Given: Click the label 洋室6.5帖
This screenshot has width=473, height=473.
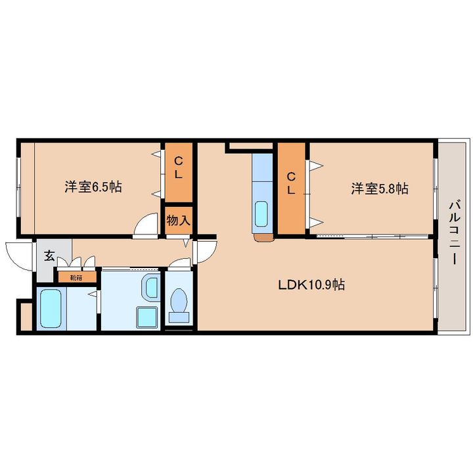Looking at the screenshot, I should coord(93,187).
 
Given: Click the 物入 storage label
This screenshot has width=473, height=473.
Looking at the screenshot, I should coord(178,221).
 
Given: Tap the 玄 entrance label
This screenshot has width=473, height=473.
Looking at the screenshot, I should coord(49,256).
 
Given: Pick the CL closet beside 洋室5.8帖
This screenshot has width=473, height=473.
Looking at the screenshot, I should coord(291,189).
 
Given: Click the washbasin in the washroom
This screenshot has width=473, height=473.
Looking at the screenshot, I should coord(150,287).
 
